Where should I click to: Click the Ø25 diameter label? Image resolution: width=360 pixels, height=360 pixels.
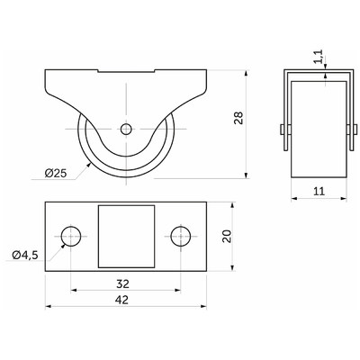pyautogui.click(x=56, y=173)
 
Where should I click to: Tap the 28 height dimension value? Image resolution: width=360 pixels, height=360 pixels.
pyautogui.click(x=239, y=118)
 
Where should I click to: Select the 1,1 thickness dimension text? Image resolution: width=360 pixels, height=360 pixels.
pyautogui.click(x=319, y=57)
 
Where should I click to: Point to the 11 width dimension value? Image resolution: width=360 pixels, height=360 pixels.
pyautogui.click(x=319, y=191)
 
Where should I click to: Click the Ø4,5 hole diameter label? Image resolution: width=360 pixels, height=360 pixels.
pyautogui.click(x=25, y=255)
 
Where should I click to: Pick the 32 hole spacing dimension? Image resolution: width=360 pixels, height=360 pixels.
pyautogui.click(x=122, y=283)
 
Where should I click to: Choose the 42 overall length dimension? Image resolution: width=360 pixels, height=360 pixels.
pyautogui.click(x=122, y=300)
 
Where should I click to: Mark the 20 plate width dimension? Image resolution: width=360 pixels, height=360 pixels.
pyautogui.click(x=227, y=236)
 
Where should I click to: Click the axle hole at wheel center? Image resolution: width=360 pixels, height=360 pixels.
pyautogui.click(x=126, y=129)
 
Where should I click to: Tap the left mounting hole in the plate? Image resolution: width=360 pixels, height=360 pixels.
pyautogui.click(x=71, y=237)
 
